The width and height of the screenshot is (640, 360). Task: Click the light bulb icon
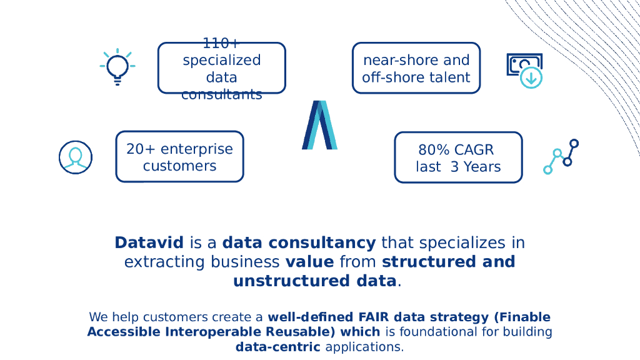117,66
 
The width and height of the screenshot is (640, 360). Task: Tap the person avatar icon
76,157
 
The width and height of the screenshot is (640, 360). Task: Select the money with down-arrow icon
524,70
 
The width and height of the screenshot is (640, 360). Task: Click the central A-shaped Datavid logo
319,125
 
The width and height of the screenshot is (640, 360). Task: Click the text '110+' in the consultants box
221,44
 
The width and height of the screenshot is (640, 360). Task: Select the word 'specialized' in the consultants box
221,61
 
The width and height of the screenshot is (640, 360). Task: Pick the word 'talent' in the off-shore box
449,77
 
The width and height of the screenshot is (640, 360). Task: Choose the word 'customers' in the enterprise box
179,166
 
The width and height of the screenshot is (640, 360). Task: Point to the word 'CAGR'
474,150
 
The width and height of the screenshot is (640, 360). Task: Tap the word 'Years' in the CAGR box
482,167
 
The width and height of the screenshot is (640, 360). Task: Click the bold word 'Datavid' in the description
149,242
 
